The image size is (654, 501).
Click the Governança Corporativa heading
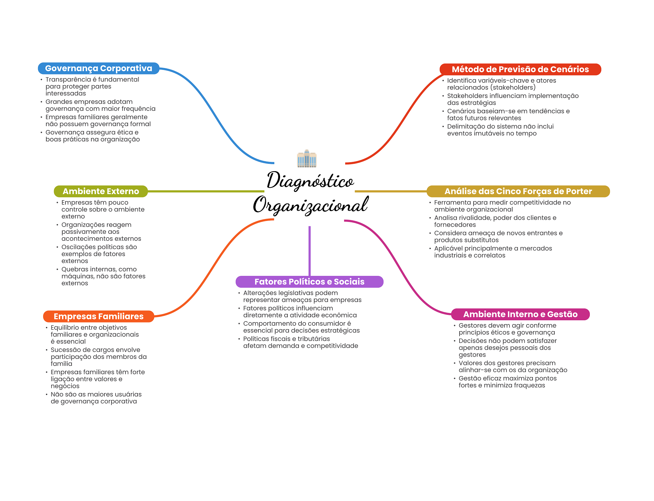(98, 68)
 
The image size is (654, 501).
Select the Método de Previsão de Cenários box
(520, 69)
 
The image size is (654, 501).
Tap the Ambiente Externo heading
(101, 191)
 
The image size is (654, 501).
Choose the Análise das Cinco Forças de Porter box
(518, 191)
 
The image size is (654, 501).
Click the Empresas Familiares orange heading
(98, 316)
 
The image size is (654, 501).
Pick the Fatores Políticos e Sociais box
(309, 282)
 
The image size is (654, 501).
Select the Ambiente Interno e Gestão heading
(520, 314)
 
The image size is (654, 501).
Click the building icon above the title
(307, 158)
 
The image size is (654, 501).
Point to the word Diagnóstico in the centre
(310, 180)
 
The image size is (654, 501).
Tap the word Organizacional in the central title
(311, 205)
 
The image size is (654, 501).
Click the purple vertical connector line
(309, 251)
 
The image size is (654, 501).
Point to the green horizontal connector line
(206, 191)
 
